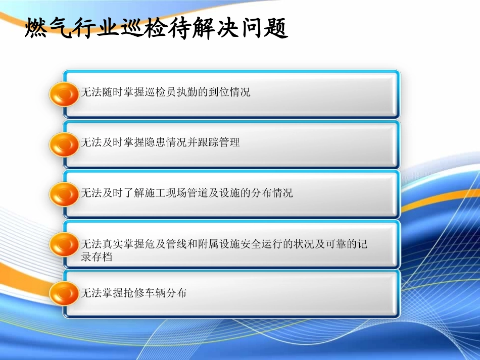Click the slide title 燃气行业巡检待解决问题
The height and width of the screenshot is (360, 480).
157,29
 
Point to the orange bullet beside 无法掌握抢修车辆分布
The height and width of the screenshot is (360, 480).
64,293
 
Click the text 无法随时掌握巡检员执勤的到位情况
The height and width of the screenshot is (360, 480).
166,92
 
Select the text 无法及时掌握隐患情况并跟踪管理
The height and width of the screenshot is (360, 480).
161,142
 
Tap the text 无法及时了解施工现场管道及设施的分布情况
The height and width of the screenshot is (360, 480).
187,193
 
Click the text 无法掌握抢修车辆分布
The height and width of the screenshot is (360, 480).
134,293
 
